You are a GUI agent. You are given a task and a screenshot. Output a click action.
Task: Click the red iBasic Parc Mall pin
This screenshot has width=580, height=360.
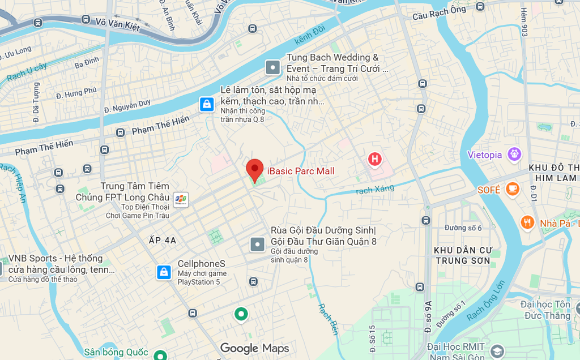(x=255, y=169)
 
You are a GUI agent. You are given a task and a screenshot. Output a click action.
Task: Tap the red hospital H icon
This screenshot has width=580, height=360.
(x=374, y=159)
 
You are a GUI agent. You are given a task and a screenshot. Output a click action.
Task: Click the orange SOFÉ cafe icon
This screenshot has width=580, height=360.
(x=513, y=188)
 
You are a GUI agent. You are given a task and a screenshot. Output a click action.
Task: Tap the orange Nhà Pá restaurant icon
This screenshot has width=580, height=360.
(x=528, y=222)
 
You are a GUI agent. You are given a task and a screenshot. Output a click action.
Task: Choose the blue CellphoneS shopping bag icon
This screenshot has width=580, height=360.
(x=164, y=272)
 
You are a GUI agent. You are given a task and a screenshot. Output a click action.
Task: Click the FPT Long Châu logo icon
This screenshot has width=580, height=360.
(x=181, y=199)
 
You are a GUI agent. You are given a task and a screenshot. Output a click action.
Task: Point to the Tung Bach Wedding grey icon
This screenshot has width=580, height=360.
(x=273, y=68)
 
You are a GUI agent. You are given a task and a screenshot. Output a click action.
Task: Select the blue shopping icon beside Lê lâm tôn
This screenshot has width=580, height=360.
(x=207, y=104)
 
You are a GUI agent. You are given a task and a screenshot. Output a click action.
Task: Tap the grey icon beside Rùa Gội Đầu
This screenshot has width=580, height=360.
(x=258, y=245)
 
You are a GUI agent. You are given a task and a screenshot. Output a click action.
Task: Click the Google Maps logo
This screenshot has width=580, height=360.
(x=254, y=348)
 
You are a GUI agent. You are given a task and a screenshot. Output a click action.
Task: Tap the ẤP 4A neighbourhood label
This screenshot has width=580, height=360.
(x=163, y=240)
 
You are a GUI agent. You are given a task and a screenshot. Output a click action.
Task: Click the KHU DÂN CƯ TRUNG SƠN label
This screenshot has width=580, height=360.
(x=463, y=255)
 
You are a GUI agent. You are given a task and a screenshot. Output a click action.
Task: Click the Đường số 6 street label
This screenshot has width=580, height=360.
(x=463, y=228)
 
